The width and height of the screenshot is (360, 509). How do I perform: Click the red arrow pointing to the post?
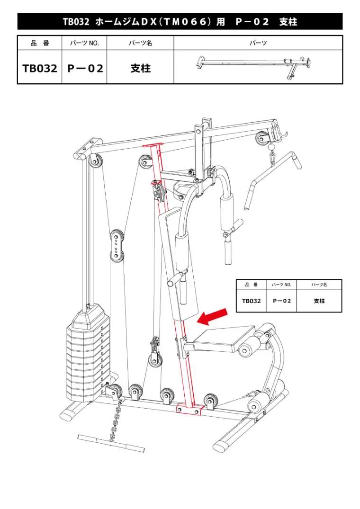pyautogui.click(x=212, y=316)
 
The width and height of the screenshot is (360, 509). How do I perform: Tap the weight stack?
pyautogui.click(x=88, y=352)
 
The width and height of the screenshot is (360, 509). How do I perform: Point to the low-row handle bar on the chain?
pyautogui.click(x=111, y=443)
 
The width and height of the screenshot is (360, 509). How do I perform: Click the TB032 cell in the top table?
pyautogui.click(x=40, y=68)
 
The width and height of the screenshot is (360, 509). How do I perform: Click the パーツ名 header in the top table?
pyautogui.click(x=140, y=43)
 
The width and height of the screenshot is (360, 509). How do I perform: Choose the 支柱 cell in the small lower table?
pyautogui.click(x=319, y=301)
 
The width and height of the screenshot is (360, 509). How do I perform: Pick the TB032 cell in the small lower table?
pyautogui.click(x=251, y=301)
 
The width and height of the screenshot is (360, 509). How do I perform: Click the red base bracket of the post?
pyautogui.click(x=189, y=409)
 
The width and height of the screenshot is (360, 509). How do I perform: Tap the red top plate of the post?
pyautogui.click(x=153, y=146)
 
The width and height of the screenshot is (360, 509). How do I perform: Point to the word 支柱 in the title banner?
pyautogui.click(x=288, y=22)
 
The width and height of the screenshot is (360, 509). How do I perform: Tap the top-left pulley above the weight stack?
pyautogui.click(x=95, y=161)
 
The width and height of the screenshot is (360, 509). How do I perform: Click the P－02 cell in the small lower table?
pyautogui.click(x=281, y=301)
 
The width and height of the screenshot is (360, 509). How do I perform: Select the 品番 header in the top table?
pyautogui.click(x=40, y=43)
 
